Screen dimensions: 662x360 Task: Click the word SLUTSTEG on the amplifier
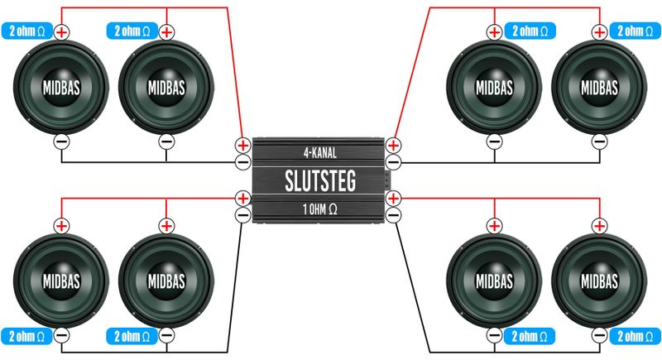320,181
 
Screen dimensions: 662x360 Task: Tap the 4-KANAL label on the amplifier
320,153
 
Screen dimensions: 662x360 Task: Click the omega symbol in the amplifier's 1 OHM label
333,209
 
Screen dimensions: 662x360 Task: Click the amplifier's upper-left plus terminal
242,146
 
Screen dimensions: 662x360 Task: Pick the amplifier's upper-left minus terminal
242,162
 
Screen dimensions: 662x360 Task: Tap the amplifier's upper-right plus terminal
393,146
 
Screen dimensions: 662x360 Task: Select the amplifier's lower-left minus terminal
242,215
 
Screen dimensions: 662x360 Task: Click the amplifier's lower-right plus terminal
393,199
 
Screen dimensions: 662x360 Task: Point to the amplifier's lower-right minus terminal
393,215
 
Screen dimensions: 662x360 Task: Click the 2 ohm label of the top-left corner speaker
27,31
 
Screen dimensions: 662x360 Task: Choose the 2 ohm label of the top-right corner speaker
635,31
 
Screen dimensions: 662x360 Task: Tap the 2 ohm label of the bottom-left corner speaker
27,336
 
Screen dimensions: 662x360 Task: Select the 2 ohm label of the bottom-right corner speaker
635,336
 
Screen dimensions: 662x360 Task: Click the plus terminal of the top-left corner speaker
61,32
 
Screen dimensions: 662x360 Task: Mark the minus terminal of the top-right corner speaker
599,142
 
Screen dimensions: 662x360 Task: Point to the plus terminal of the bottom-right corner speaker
599,226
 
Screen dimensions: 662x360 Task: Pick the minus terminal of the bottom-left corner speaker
61,335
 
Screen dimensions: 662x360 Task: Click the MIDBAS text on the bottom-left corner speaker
61,281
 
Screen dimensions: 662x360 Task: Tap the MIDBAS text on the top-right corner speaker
599,88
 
